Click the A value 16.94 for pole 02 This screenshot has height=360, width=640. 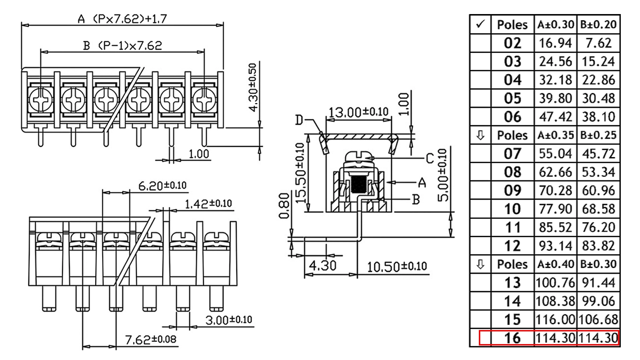point(555,43)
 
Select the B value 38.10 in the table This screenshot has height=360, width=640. point(598,117)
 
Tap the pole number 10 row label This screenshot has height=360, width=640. point(512,209)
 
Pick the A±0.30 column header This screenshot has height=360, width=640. point(555,24)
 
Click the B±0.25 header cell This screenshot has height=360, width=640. point(598,135)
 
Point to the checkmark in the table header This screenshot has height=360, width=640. point(481,24)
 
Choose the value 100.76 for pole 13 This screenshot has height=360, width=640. point(555,283)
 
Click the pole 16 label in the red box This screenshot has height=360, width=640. point(512,338)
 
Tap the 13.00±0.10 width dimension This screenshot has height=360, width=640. point(358,112)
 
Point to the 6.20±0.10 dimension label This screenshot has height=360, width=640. point(162,186)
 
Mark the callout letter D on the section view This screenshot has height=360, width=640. point(299,120)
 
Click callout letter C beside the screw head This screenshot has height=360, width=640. point(430,158)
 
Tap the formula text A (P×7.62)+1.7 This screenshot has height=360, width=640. point(122,19)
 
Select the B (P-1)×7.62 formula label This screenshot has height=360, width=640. point(122,45)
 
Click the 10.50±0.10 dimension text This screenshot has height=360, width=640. point(397,267)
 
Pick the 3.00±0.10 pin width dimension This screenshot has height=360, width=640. point(229,320)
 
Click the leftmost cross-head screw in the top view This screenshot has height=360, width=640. point(40,100)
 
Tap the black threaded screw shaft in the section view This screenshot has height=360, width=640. point(357,184)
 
